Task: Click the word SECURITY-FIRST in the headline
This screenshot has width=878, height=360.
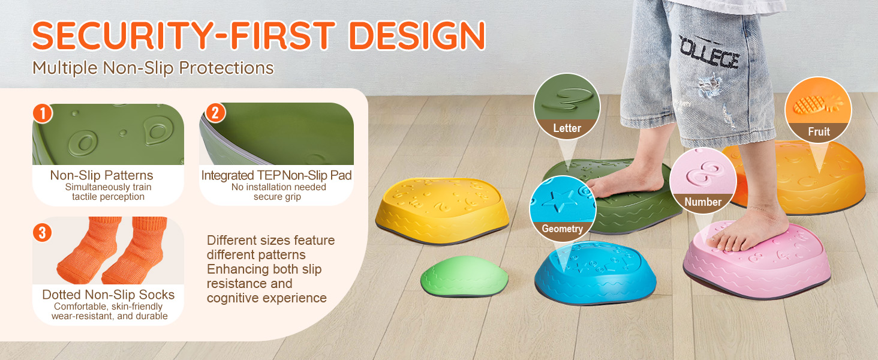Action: pos(184,35)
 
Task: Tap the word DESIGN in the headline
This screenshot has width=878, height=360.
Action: pos(417,35)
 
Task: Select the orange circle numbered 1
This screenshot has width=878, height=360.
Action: pos(43,113)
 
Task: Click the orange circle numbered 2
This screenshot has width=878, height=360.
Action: pos(215,113)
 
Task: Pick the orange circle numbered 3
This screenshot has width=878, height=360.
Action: pos(43,233)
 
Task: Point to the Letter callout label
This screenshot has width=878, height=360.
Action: pos(567,128)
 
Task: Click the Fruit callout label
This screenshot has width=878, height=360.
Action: pos(819,132)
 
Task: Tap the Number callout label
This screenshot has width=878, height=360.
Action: pos(703,202)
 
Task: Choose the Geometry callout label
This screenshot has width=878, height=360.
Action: pos(562,229)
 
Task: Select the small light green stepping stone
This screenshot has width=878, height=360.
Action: pos(464,276)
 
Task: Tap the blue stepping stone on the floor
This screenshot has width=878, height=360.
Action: pos(595,272)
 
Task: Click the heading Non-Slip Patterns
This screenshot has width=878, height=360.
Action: pos(101,175)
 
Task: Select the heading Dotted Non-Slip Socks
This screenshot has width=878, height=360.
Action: pos(108,295)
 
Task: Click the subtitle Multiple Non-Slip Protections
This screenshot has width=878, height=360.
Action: pos(153,68)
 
